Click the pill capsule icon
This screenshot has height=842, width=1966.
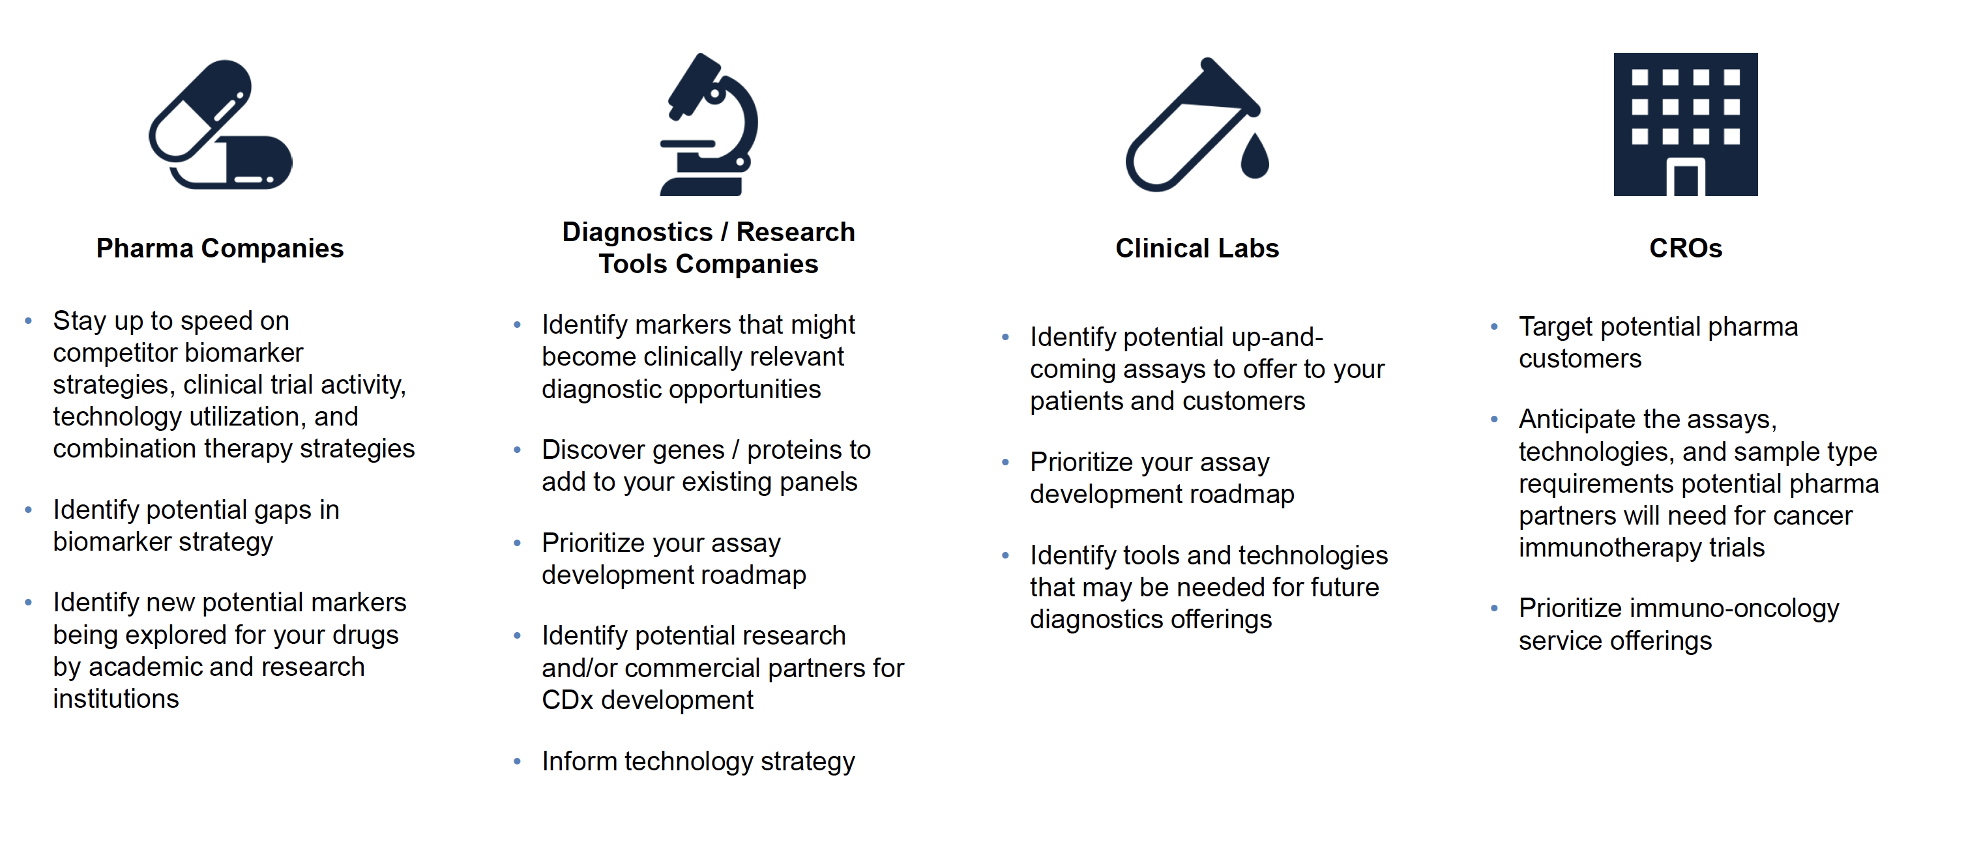(x=220, y=124)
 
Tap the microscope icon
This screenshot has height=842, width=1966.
(x=709, y=124)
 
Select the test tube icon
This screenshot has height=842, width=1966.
(x=1197, y=124)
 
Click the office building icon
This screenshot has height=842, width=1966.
(x=1685, y=124)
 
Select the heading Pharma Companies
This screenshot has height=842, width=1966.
(x=220, y=249)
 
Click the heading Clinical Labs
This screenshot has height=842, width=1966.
(x=1197, y=249)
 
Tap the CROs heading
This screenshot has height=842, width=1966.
(x=1685, y=249)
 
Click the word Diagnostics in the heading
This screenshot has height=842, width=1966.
(x=638, y=232)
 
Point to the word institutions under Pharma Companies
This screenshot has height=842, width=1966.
(x=116, y=699)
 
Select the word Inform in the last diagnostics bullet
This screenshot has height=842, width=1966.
(x=580, y=761)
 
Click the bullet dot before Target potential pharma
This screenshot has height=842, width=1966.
(x=1494, y=327)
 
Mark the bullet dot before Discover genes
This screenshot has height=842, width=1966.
(x=518, y=450)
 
